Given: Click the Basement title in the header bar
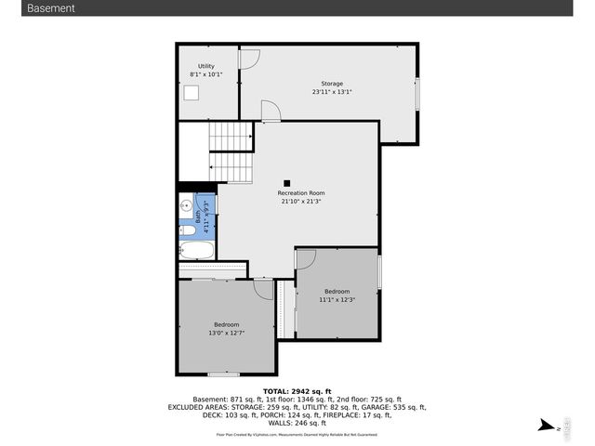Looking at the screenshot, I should pos(51,8).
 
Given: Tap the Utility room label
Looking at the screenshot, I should pos(205,66).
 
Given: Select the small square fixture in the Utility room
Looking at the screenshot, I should pos(192,92).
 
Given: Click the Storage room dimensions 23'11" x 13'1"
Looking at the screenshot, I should pos(331,92).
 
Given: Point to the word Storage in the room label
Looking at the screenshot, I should pos(332,84).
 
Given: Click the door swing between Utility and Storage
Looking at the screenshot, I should pos(249,58).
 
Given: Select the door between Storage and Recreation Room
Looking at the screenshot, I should pos(271,111).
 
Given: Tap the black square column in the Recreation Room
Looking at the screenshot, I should pos(287,183).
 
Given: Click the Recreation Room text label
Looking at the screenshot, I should pos(301,193).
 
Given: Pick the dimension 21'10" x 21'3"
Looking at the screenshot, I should pos(301,202).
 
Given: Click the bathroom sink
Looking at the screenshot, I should pos(186,206).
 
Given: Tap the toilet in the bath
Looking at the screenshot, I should pos(188,230).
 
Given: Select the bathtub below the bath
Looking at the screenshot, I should pos(196,250).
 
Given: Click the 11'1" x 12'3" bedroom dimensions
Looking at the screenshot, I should pos(337,299).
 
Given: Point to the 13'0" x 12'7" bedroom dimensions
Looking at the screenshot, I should pos(226,333).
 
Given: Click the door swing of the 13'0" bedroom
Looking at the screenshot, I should pos(264,289).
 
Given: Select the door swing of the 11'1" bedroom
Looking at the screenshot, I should pos(306,258).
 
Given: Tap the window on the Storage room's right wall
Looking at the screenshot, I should pos(416,98).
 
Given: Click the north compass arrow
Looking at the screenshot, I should pos(548,426).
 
